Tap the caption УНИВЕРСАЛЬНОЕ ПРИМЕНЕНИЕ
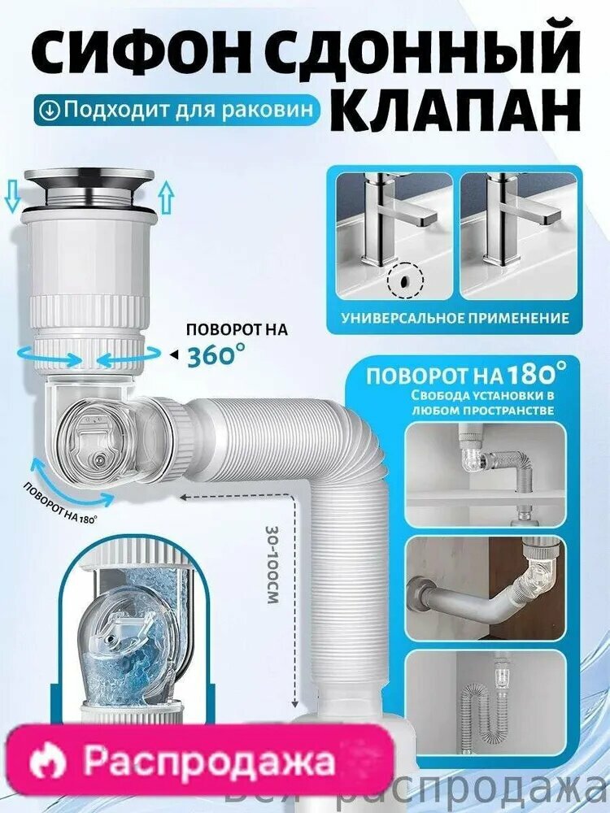tap(455, 318)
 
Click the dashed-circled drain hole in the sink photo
tap(404, 280)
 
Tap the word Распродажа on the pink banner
tap(208, 762)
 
